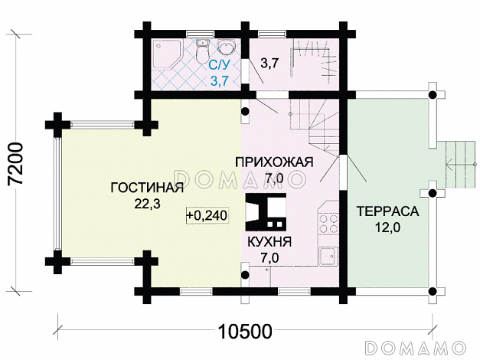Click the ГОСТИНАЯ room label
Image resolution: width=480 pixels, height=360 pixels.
[x=147, y=188]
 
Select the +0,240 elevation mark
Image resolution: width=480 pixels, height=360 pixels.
[x=207, y=216]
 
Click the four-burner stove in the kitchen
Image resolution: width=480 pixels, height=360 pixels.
[x=330, y=222]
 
